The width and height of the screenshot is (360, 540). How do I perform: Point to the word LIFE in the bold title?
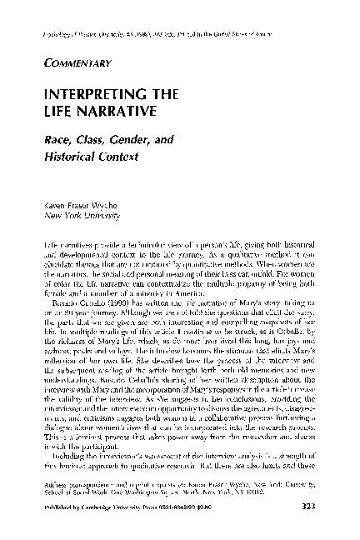tap(63, 108)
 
